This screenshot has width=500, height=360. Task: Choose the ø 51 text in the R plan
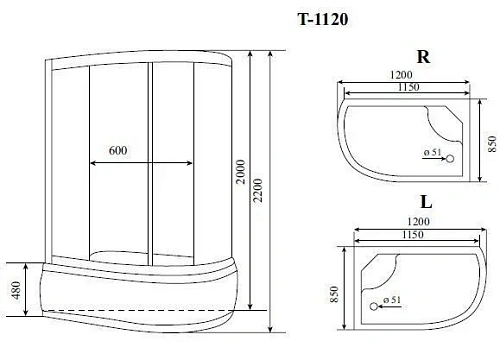433,152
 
